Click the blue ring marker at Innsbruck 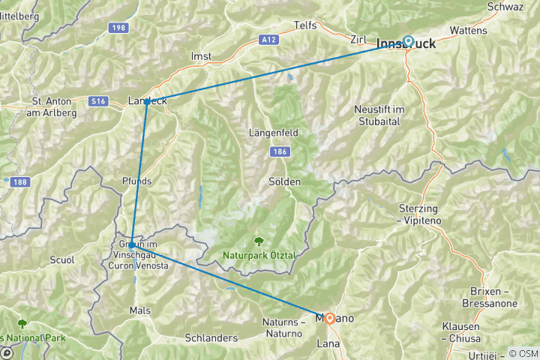tap(409, 42)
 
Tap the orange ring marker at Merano tap(329, 317)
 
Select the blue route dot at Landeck tap(147, 101)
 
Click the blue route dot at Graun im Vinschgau tap(131, 244)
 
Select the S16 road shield tap(97, 99)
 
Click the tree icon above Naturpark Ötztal tap(259, 241)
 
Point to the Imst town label tap(202, 56)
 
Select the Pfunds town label tap(136, 181)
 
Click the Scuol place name tap(61, 260)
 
